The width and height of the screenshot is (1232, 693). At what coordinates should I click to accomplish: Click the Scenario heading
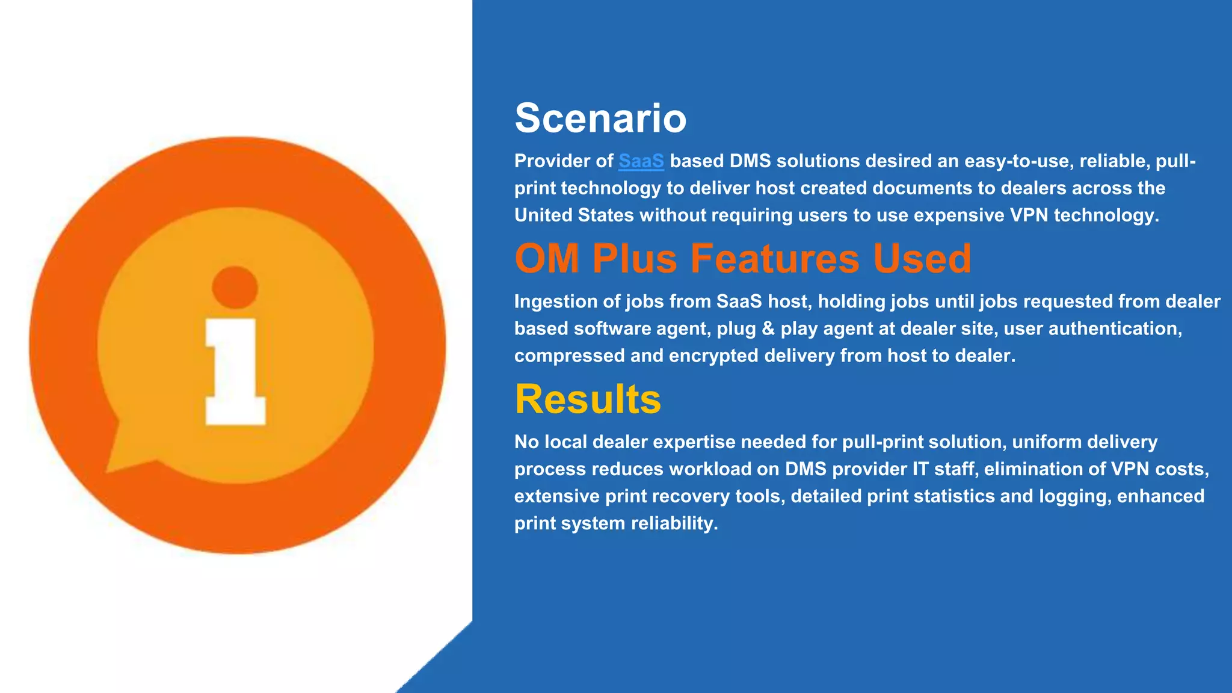tap(600, 118)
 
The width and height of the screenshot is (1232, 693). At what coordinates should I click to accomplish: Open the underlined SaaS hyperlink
tap(641, 161)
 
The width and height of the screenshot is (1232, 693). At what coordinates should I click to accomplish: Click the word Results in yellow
tap(588, 399)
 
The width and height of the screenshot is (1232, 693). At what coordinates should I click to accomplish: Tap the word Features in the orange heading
tap(775, 259)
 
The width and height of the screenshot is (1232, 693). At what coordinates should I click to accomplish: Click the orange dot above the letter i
tap(235, 288)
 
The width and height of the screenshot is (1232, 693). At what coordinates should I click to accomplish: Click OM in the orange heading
tap(547, 259)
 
